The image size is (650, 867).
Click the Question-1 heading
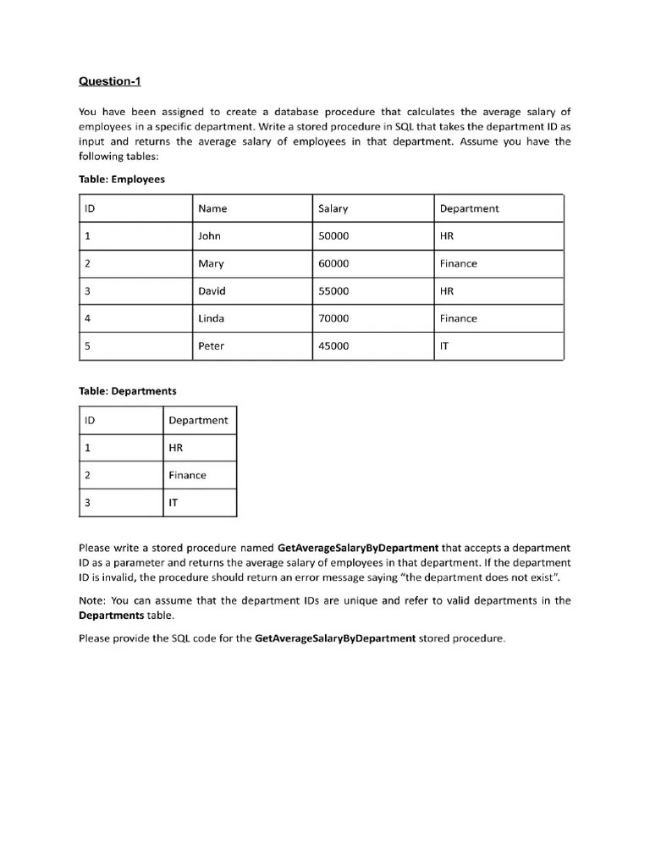click(111, 81)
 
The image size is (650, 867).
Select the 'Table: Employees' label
click(121, 179)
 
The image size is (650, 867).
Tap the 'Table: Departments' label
click(127, 391)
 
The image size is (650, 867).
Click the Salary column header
click(333, 208)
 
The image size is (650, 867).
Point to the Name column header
click(212, 208)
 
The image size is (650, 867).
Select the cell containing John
click(209, 236)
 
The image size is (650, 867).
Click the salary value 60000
click(333, 263)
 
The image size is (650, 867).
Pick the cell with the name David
click(212, 291)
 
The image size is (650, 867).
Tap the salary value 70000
click(333, 318)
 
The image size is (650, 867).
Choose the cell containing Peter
click(211, 346)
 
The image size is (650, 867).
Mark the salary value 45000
click(333, 346)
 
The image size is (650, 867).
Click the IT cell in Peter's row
click(445, 346)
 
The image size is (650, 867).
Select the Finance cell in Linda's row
click(458, 318)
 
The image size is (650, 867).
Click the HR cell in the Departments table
click(176, 448)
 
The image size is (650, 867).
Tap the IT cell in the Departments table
click(174, 503)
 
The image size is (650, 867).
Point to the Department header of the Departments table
click(198, 420)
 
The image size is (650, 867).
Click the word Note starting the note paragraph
click(91, 600)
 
